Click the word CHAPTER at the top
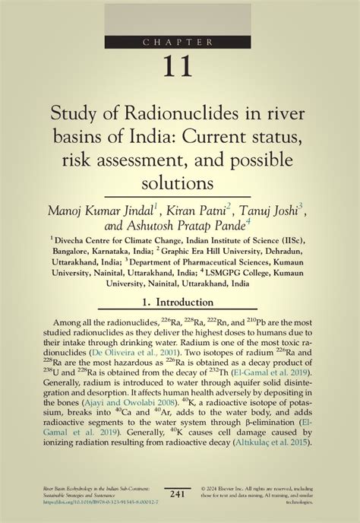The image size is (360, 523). click(180, 43)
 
